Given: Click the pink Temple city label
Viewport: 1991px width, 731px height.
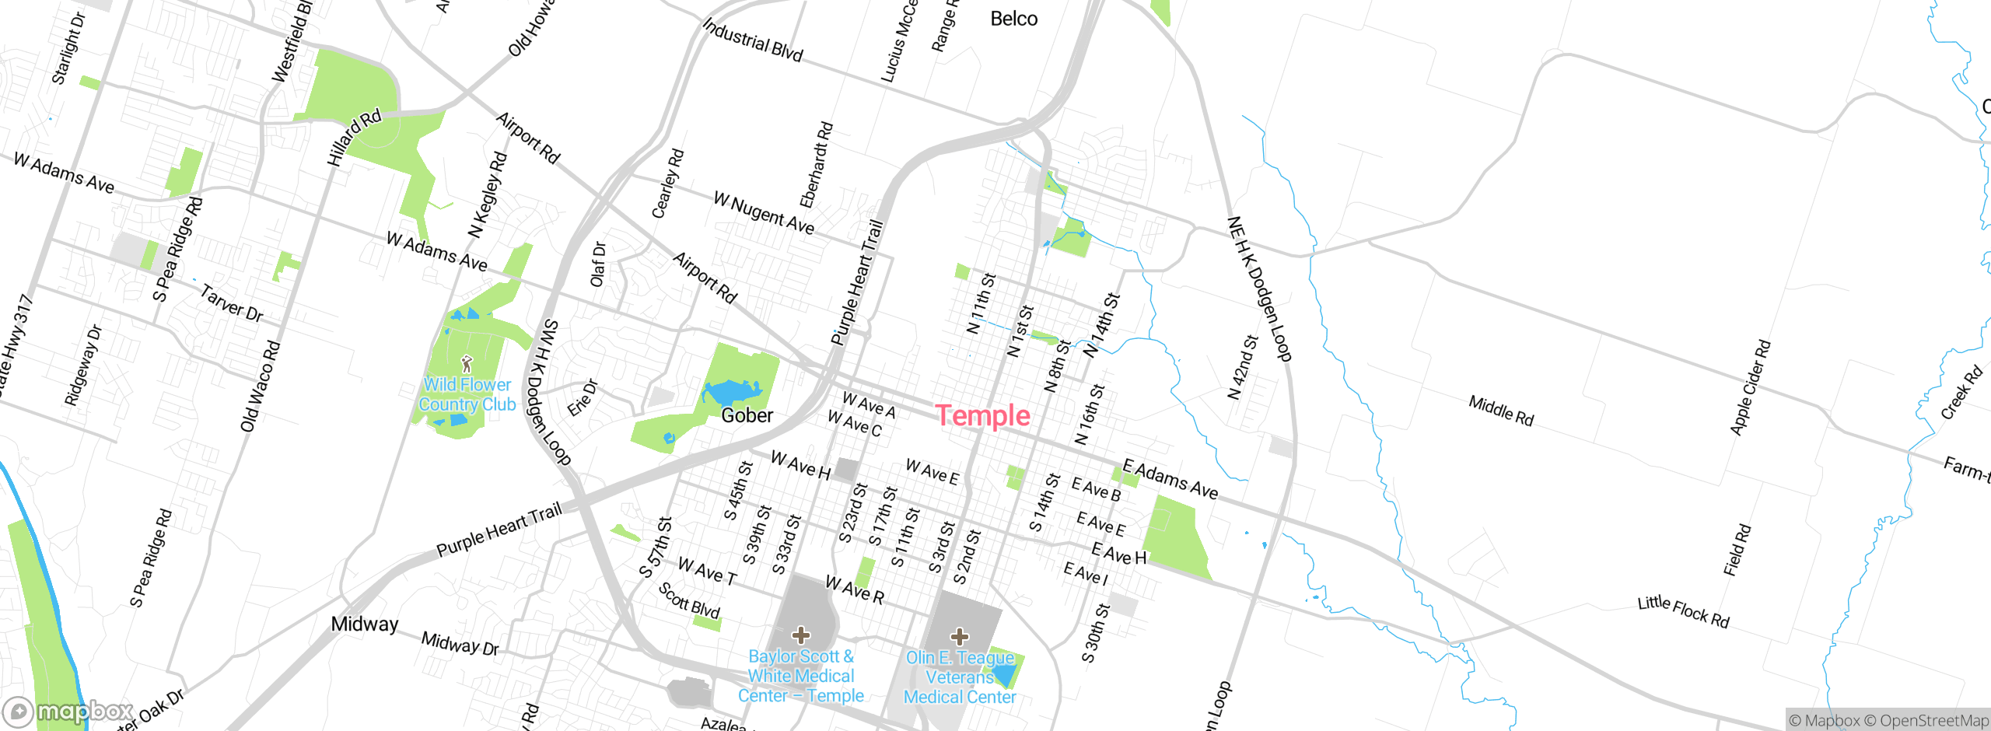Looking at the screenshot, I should click(x=982, y=416).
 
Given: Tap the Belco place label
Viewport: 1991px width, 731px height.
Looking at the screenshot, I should click(x=1013, y=19).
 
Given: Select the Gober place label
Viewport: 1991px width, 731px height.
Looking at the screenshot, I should click(x=747, y=415).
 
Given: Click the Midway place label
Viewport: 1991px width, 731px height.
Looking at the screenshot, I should click(x=364, y=624).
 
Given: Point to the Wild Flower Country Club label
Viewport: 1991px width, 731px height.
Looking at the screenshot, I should click(x=467, y=394).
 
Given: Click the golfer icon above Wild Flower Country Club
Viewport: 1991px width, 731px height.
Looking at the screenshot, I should click(x=467, y=363).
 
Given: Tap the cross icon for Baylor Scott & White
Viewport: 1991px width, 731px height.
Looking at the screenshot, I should click(x=801, y=635).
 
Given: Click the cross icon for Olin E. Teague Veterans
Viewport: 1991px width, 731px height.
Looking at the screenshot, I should click(x=960, y=637).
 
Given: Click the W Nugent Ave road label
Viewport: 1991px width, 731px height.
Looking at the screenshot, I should click(x=764, y=213).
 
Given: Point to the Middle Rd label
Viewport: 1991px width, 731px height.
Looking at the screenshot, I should click(x=1501, y=411).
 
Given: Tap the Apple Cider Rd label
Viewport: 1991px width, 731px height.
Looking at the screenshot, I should click(x=1750, y=387).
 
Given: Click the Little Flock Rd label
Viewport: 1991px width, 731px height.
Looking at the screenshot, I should click(x=1683, y=611).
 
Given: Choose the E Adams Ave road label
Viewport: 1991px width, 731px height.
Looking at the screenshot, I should click(x=1170, y=479).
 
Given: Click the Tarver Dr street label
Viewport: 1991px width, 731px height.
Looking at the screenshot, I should click(x=232, y=303).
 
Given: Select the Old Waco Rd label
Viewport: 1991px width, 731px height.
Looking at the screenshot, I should click(x=260, y=386).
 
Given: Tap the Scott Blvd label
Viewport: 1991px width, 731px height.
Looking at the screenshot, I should click(x=689, y=600).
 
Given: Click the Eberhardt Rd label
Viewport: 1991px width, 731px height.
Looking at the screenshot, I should click(x=817, y=165).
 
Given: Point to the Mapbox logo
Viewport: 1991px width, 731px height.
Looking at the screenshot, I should click(x=68, y=712).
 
